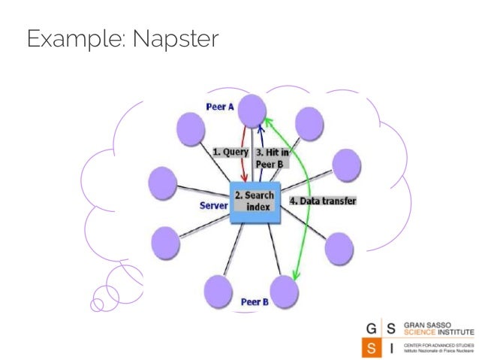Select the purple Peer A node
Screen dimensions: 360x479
(x=252, y=110)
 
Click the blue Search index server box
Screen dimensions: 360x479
(x=255, y=202)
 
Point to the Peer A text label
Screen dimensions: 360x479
(x=220, y=107)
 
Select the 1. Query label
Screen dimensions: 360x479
(x=230, y=151)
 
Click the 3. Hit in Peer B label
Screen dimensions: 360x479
(x=273, y=158)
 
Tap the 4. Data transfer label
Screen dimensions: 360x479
(x=323, y=201)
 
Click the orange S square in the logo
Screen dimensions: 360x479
(x=372, y=348)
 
